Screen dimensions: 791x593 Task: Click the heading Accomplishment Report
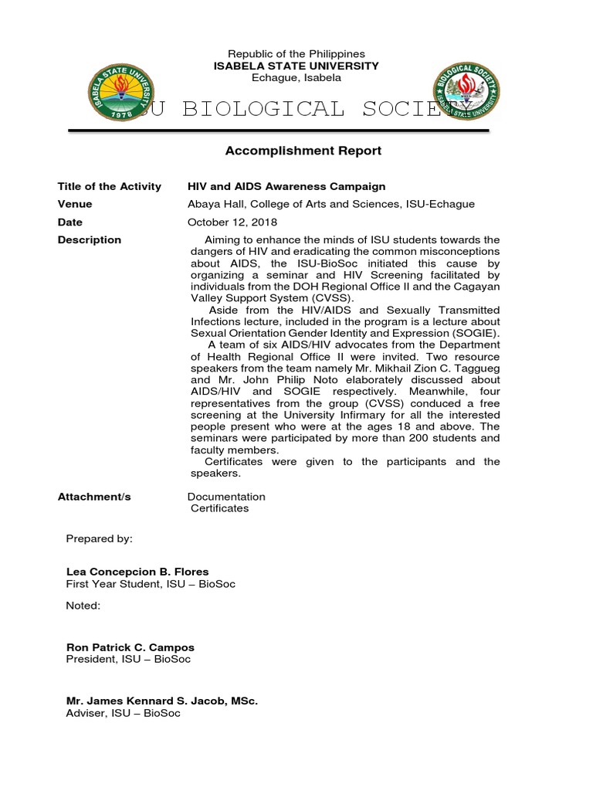pos(303,151)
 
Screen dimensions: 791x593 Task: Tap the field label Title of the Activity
pos(109,186)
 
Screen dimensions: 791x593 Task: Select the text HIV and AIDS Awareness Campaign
pos(286,186)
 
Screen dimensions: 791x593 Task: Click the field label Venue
pos(75,204)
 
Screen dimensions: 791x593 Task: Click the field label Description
pos(89,239)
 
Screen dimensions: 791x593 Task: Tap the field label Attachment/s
pos(94,497)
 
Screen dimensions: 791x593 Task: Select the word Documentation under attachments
pos(226,497)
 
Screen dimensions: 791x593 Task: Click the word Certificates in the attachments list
pos(220,508)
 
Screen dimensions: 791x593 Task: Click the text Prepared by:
pos(99,538)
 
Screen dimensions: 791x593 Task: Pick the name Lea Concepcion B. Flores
pos(137,572)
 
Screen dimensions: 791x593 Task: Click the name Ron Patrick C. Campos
pos(130,647)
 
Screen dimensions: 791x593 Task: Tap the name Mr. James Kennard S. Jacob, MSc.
pos(162,701)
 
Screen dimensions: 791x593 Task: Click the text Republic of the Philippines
pos(296,54)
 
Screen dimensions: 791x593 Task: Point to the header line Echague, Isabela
pos(296,78)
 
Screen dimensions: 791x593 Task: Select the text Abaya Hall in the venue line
pos(213,204)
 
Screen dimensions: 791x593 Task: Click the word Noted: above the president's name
pos(83,606)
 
